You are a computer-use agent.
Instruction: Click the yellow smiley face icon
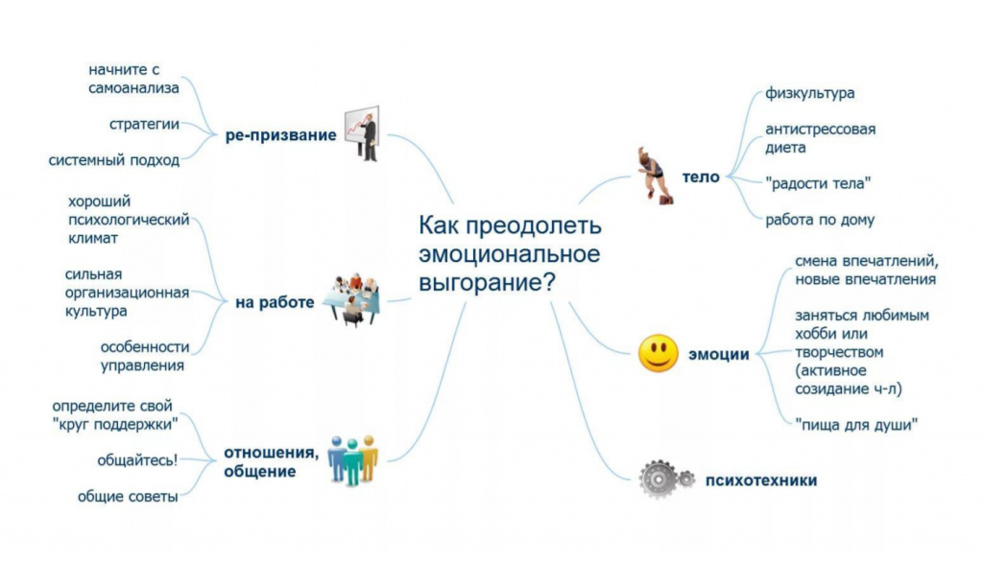pyautogui.click(x=659, y=354)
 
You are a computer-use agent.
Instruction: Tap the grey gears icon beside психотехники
pyautogui.click(x=666, y=480)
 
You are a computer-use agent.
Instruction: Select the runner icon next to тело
pyautogui.click(x=653, y=176)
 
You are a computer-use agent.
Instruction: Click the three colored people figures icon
pyautogui.click(x=353, y=460)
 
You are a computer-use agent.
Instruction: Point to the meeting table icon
pyautogui.click(x=352, y=300)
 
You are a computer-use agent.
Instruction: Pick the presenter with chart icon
pyautogui.click(x=362, y=133)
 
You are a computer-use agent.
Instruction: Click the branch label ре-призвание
pyautogui.click(x=281, y=135)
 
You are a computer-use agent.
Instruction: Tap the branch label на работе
pyautogui.click(x=275, y=303)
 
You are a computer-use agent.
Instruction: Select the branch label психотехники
pyautogui.click(x=761, y=481)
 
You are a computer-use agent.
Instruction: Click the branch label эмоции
pyautogui.click(x=718, y=355)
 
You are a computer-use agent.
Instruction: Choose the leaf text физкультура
pyautogui.click(x=809, y=93)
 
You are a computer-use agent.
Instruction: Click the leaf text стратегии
pyautogui.click(x=144, y=124)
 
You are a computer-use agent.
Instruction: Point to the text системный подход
pyautogui.click(x=114, y=160)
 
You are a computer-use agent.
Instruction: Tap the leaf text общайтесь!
pyautogui.click(x=137, y=460)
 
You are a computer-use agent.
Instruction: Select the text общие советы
pyautogui.click(x=128, y=497)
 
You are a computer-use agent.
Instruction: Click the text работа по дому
pyautogui.click(x=820, y=220)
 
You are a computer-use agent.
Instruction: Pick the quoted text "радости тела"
pyautogui.click(x=818, y=183)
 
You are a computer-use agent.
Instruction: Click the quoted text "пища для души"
pyautogui.click(x=856, y=424)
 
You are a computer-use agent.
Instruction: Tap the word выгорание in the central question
pyautogui.click(x=487, y=283)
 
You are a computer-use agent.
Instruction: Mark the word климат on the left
pyautogui.click(x=93, y=238)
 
